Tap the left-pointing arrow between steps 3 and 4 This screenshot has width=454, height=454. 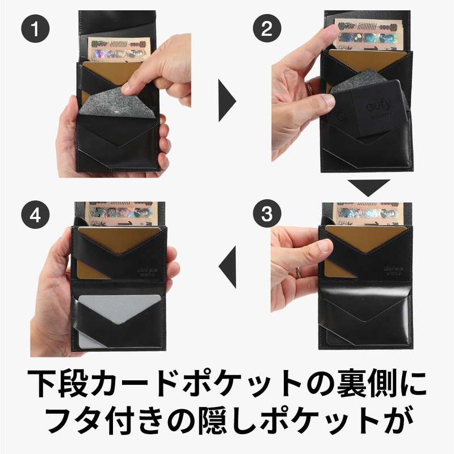(x=228, y=264)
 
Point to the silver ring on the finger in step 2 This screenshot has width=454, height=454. (x=309, y=88)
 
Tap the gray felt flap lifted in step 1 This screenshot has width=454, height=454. (x=116, y=102)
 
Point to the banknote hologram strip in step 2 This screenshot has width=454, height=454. (x=369, y=40)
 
